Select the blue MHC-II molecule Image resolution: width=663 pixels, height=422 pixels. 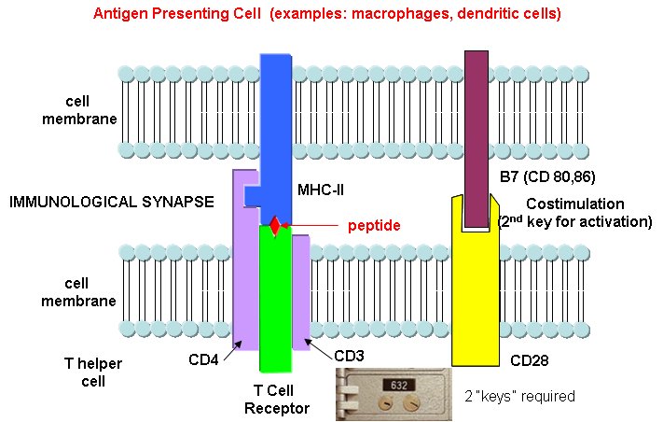pyautogui.click(x=276, y=121)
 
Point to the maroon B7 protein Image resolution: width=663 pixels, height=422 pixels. pyautogui.click(x=477, y=131)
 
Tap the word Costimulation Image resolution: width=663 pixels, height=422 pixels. pyautogui.click(x=576, y=204)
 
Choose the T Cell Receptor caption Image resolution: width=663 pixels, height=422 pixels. pyautogui.click(x=276, y=400)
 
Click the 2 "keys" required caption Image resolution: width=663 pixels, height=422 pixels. pyautogui.click(x=519, y=396)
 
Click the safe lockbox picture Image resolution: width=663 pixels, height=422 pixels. pyautogui.click(x=394, y=394)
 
